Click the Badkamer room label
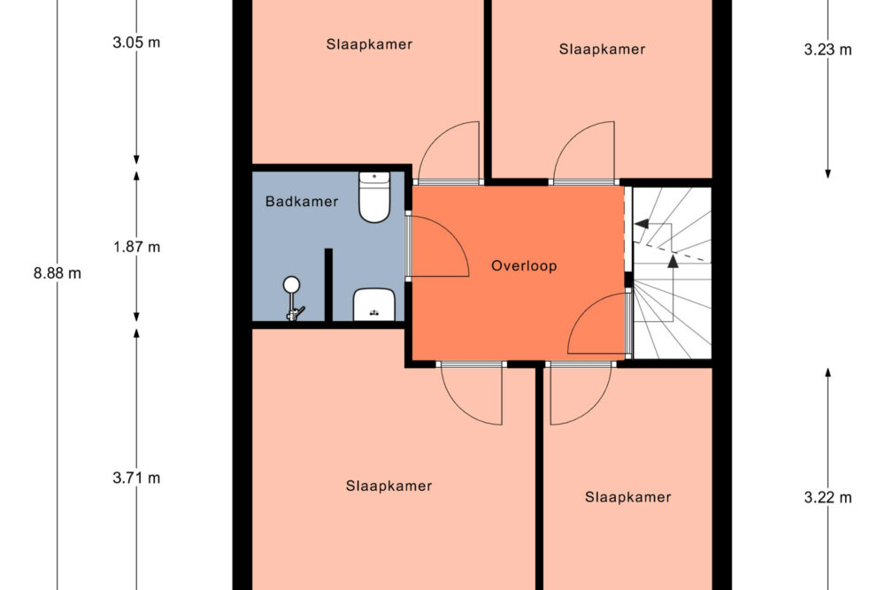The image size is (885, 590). tap(302, 202)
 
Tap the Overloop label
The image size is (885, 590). tap(524, 265)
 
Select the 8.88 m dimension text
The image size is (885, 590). tap(57, 273)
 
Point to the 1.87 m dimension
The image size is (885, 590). tap(136, 247)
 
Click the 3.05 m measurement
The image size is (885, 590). tap(136, 42)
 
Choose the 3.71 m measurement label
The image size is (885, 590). tap(136, 478)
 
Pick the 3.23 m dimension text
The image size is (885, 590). tap(828, 50)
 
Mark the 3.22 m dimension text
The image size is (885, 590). tap(828, 497)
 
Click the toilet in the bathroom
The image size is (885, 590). tap(374, 197)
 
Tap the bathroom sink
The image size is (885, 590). tap(373, 304)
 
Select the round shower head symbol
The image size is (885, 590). tap(292, 284)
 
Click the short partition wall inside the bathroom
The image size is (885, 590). tap(328, 285)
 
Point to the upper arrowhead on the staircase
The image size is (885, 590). tap(641, 224)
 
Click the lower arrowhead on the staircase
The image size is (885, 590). tap(673, 261)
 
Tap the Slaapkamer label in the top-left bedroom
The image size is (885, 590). tap(369, 44)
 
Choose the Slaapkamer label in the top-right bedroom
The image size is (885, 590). tap(602, 49)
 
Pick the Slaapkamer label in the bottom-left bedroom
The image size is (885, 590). tap(389, 486)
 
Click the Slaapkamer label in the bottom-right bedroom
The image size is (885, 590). tap(628, 497)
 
